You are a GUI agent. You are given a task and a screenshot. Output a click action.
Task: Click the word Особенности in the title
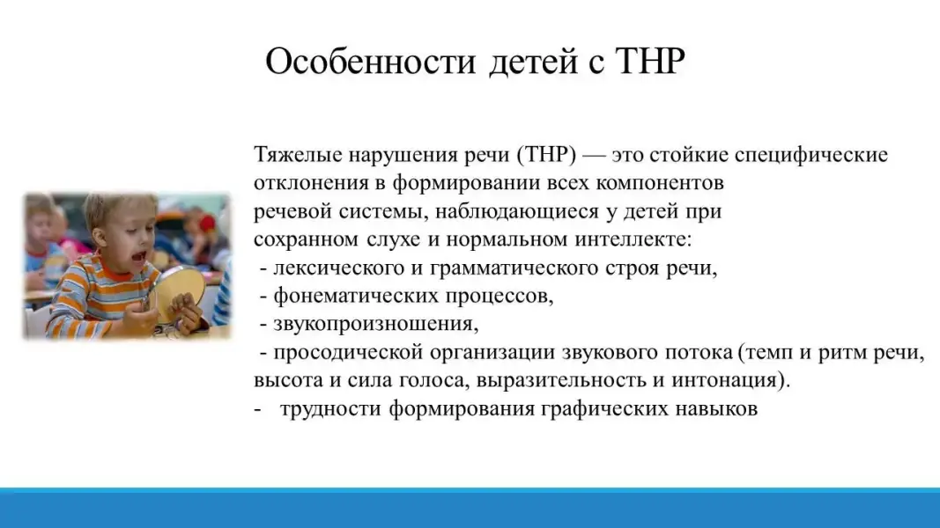coord(371,61)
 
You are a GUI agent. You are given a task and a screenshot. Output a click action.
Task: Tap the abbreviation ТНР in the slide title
coord(650,61)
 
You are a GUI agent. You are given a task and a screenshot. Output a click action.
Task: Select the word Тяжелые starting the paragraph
coord(298,155)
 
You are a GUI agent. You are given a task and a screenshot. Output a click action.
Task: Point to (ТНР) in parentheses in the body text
coord(545,155)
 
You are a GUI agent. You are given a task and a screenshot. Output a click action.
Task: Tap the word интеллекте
coord(633,239)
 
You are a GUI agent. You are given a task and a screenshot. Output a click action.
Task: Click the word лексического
coord(338,268)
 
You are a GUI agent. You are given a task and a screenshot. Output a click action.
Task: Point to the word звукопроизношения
coord(376,324)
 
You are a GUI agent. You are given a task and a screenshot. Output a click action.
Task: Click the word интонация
coord(730,380)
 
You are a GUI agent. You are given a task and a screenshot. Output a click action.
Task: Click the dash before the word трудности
coord(258,409)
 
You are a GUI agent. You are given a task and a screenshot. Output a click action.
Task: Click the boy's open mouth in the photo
coord(138,258)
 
